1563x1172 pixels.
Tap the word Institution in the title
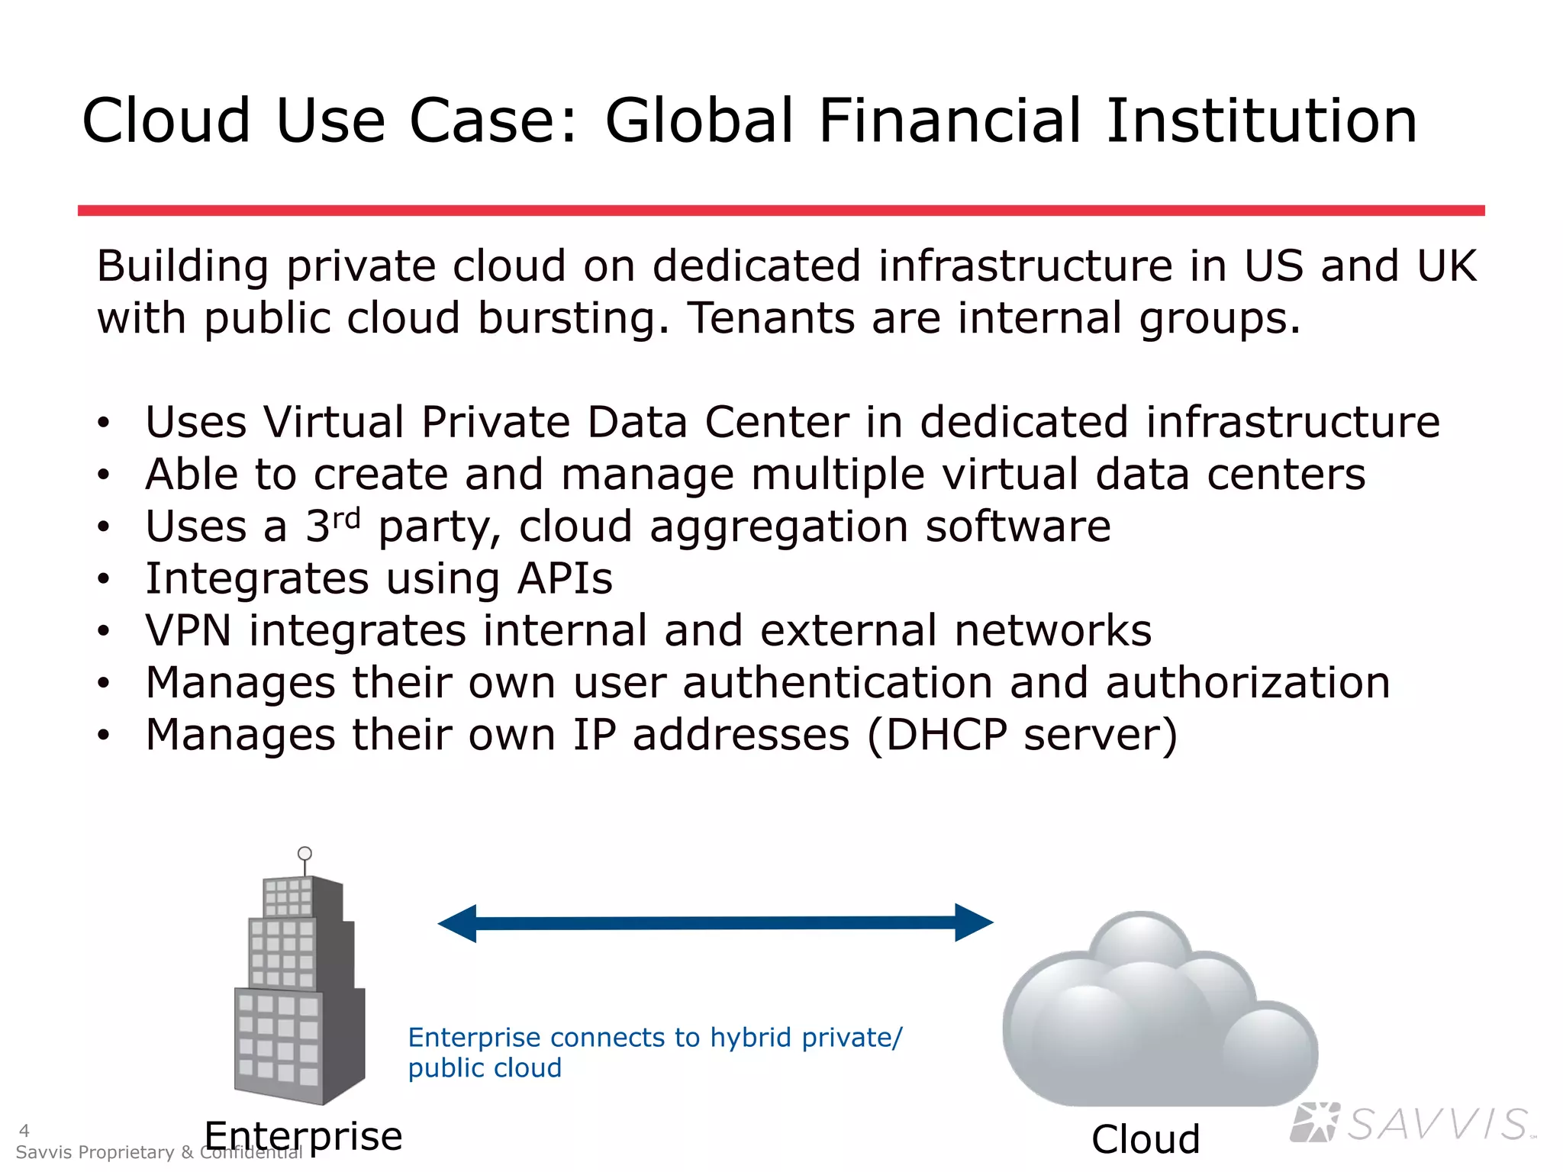1261,121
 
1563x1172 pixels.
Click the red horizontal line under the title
781,210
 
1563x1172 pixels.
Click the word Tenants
771,317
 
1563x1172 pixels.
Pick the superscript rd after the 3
346,519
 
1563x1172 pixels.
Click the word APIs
565,578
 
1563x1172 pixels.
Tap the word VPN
188,630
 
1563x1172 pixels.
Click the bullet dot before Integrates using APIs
104,579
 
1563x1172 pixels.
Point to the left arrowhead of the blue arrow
458,923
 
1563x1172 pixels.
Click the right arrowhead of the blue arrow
973,922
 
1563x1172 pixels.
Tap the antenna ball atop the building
305,853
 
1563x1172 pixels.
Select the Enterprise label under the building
303,1135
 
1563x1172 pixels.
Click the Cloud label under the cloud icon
1146,1139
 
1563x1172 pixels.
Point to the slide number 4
24,1130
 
